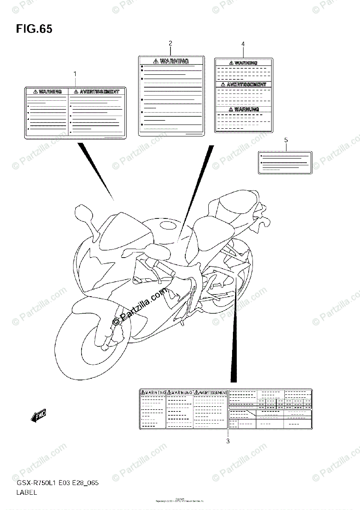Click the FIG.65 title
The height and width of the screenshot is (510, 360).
click(x=34, y=29)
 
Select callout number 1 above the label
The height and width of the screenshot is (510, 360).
click(x=75, y=74)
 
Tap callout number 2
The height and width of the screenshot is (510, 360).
click(x=170, y=43)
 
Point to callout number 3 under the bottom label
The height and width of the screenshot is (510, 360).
click(x=228, y=441)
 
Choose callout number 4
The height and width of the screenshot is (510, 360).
click(x=243, y=44)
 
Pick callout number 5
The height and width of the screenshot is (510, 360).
click(x=286, y=140)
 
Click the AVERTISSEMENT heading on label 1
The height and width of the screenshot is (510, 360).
click(x=97, y=91)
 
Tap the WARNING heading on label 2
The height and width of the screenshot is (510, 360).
click(x=171, y=61)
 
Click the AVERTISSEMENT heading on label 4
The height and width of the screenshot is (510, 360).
click(x=244, y=85)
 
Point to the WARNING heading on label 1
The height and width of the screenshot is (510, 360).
click(x=48, y=91)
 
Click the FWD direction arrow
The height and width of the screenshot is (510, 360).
click(x=39, y=416)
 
